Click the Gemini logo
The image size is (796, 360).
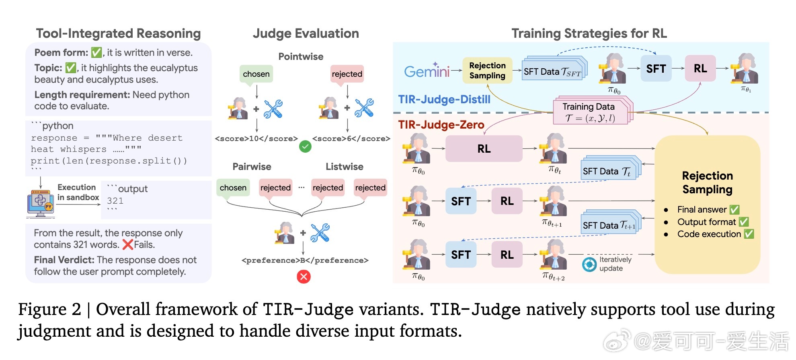point(427,71)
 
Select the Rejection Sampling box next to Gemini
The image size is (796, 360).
point(487,71)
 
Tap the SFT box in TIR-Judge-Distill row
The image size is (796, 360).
point(656,69)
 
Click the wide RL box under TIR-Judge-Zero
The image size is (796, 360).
point(484,149)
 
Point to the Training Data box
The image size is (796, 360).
point(589,112)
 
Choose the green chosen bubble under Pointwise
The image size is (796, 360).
point(256,74)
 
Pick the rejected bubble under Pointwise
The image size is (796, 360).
point(347,74)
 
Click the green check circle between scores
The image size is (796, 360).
point(305,147)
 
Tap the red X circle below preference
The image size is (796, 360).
point(304,276)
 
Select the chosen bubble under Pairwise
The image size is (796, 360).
point(233,188)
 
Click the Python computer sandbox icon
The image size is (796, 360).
point(40,203)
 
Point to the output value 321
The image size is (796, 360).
point(115,201)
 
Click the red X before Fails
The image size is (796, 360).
point(127,244)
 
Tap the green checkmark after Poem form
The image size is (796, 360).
point(96,53)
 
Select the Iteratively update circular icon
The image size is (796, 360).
point(589,264)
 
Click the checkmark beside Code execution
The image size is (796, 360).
point(749,234)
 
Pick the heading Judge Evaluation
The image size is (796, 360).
point(306,33)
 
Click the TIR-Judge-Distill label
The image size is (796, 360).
point(444,99)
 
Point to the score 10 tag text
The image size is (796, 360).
point(256,139)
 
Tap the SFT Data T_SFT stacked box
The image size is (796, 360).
point(553,72)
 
